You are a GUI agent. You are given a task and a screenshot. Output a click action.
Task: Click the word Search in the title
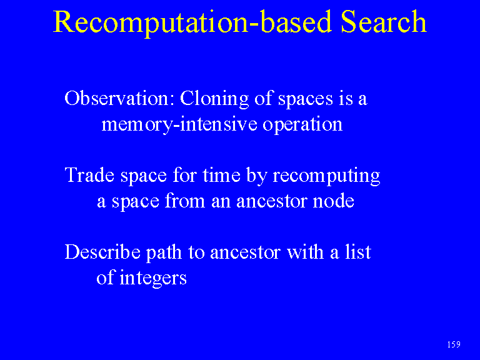tap(384, 22)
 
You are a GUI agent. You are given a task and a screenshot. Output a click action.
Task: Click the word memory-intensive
tap(179, 125)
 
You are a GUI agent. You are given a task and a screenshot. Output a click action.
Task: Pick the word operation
tap(302, 125)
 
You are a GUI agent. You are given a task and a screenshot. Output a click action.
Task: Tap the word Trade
tap(89, 175)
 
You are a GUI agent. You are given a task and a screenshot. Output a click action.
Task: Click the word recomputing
tap(326, 177)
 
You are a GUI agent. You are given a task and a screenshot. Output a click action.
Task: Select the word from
tap(184, 201)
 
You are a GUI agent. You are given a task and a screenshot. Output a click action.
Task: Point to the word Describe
tap(102, 252)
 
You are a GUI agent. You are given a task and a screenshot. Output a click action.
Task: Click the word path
tap(164, 254)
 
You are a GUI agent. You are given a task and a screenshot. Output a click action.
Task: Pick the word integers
tap(152, 279)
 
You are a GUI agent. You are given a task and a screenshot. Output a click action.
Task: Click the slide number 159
tap(454, 344)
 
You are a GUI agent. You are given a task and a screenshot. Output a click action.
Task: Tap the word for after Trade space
tap(184, 175)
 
